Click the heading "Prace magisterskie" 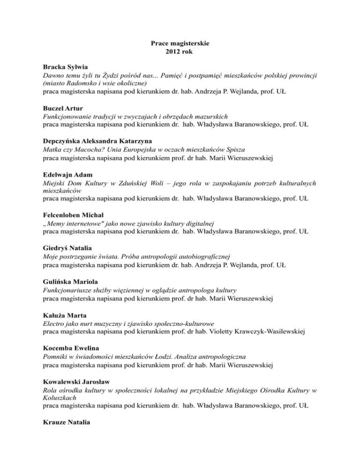pyautogui.click(x=180, y=43)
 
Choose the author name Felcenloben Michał pyautogui.click(x=72, y=215)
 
